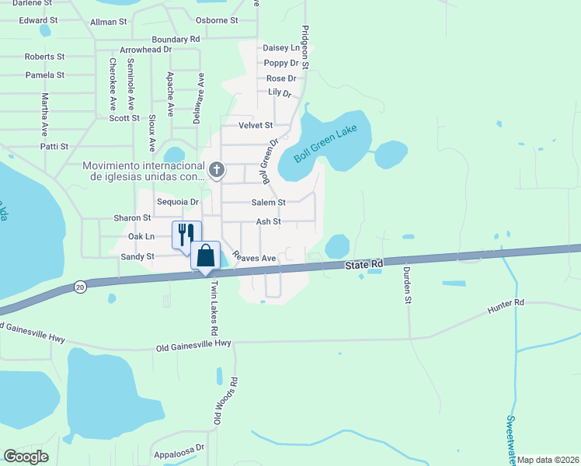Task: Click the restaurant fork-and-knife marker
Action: pos(186,234)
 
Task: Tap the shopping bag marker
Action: pos(205,255)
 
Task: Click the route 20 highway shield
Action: pos(80,287)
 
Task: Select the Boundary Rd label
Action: pos(176,39)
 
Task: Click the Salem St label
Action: pos(268,202)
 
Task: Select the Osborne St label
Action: pos(217,20)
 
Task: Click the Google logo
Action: pos(26,457)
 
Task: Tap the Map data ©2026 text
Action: pos(548,460)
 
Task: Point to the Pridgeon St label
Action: pos(305,47)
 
